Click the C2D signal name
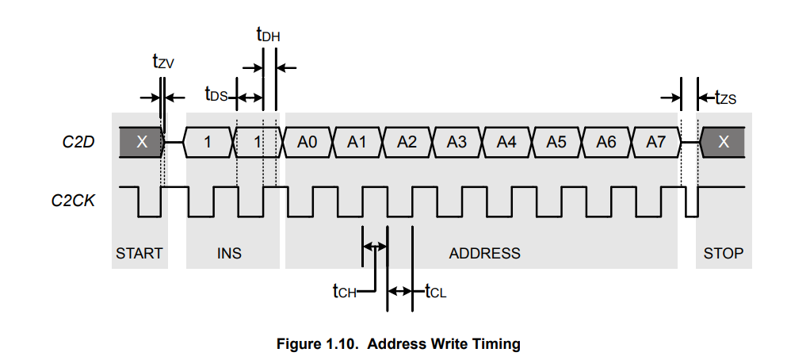[78, 142]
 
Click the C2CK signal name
[73, 201]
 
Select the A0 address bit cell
[308, 142]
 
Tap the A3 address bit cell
[457, 142]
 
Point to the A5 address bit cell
[556, 142]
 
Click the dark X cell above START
[142, 142]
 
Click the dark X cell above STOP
[723, 142]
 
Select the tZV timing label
[163, 61]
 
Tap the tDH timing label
[268, 35]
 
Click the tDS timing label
[216, 94]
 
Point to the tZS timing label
[726, 97]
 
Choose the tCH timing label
[344, 291]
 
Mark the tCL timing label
[436, 291]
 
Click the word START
[139, 254]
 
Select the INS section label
[229, 254]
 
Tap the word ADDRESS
[484, 254]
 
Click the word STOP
[724, 254]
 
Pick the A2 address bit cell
[407, 142]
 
